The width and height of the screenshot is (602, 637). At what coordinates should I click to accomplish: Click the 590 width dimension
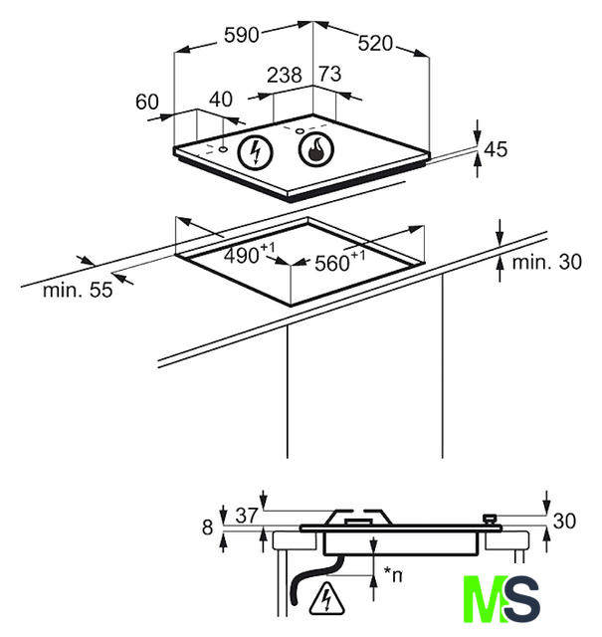(x=242, y=36)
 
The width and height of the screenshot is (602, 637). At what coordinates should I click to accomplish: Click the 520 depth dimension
(x=375, y=44)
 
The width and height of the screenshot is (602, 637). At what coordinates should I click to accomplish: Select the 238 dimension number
(x=285, y=74)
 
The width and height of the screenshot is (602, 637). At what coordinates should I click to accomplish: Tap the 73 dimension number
(x=329, y=74)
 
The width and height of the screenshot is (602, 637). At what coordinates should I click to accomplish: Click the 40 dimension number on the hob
(x=221, y=100)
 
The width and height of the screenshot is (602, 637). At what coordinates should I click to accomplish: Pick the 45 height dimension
(x=496, y=150)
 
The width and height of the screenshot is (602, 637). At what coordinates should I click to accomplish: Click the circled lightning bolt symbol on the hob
(x=259, y=151)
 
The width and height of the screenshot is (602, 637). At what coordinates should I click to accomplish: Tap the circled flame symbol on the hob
(x=315, y=151)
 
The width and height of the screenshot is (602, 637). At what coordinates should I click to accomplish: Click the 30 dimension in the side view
(x=564, y=521)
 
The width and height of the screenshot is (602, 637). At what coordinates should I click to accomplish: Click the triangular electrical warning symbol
(x=324, y=599)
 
